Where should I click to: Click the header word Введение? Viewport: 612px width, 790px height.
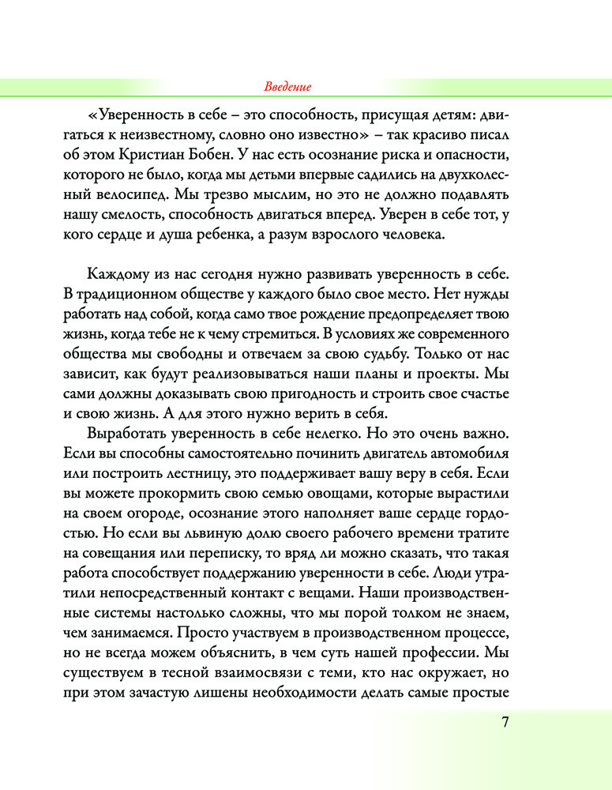286,86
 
